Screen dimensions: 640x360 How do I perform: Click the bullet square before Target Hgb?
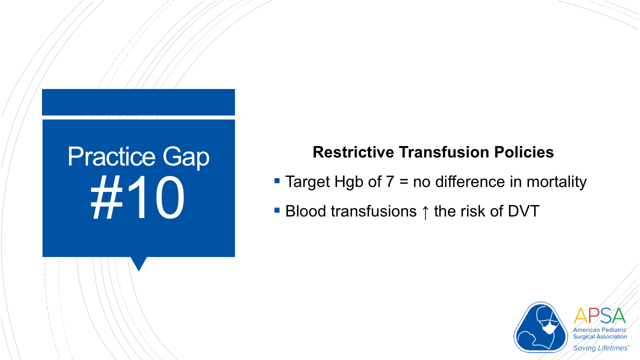277,179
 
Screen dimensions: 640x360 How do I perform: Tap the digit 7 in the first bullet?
390,181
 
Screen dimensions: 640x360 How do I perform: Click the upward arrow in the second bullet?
425,211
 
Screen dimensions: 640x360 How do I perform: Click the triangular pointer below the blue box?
138,263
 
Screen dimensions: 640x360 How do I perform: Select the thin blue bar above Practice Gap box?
138,102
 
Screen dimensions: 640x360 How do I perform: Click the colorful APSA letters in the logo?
599,316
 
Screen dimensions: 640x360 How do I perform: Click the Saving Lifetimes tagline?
600,347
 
